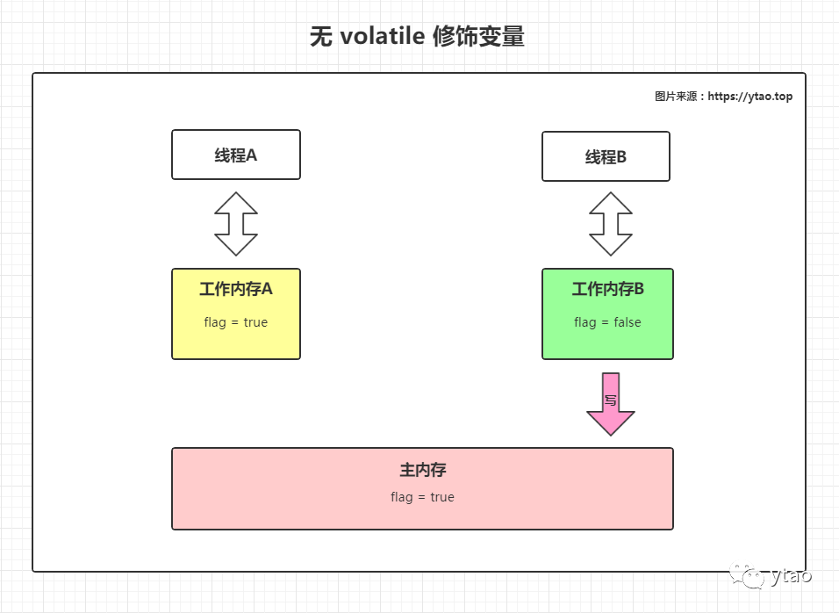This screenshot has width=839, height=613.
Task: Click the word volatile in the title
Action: tap(382, 36)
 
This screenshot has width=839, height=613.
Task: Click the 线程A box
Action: tap(236, 155)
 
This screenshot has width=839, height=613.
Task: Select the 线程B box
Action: tap(606, 156)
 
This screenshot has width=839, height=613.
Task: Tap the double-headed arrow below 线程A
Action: tap(236, 224)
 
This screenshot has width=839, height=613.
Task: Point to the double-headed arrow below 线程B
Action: tap(611, 224)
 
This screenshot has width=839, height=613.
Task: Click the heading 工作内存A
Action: tap(236, 289)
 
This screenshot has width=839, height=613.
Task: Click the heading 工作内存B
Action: tap(608, 289)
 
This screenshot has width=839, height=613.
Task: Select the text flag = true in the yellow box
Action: tap(236, 322)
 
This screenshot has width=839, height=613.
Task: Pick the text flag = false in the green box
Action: tap(608, 322)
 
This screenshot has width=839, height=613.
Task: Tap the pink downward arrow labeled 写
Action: tap(611, 404)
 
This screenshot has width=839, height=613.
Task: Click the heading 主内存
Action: tap(423, 470)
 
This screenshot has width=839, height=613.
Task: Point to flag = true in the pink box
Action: tap(423, 497)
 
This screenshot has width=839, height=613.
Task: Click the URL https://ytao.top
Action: tap(750, 97)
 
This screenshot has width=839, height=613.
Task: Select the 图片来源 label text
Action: tap(676, 97)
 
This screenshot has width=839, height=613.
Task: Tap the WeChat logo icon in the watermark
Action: tap(747, 575)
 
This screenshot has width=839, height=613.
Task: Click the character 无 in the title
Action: tap(321, 36)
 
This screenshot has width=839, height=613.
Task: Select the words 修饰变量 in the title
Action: tap(478, 36)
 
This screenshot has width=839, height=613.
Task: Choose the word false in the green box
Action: tap(627, 321)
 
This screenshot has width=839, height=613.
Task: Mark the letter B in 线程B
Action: tap(621, 157)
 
